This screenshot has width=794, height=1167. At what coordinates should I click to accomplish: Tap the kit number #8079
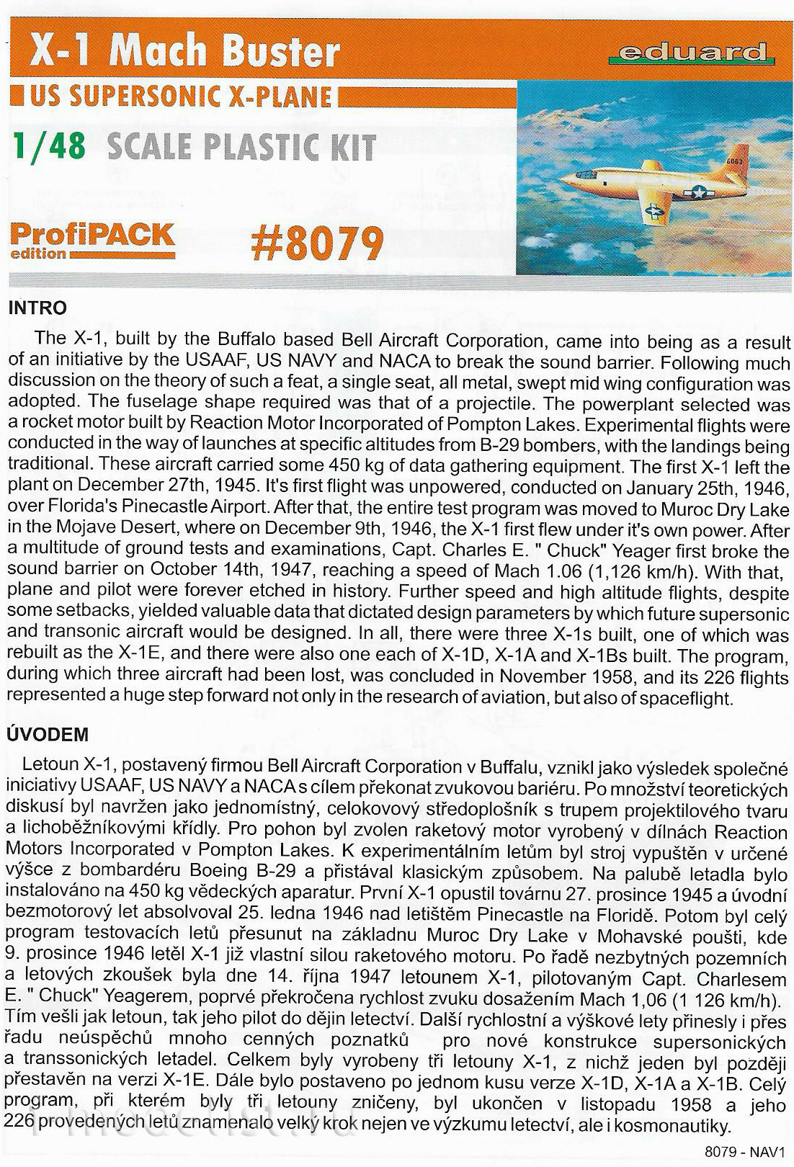[x=316, y=243]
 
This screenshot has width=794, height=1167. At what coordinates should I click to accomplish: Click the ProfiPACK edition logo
[x=92, y=240]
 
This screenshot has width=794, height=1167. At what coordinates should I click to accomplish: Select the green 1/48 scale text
[x=50, y=147]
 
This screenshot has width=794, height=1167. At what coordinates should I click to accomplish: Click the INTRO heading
[x=37, y=308]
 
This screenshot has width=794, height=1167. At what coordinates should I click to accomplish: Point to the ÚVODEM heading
[x=47, y=735]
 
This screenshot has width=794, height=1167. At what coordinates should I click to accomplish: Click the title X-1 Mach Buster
[x=184, y=52]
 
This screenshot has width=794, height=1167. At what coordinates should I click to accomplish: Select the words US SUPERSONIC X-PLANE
[x=180, y=97]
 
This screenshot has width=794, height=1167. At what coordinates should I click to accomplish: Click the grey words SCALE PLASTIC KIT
[x=241, y=147]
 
